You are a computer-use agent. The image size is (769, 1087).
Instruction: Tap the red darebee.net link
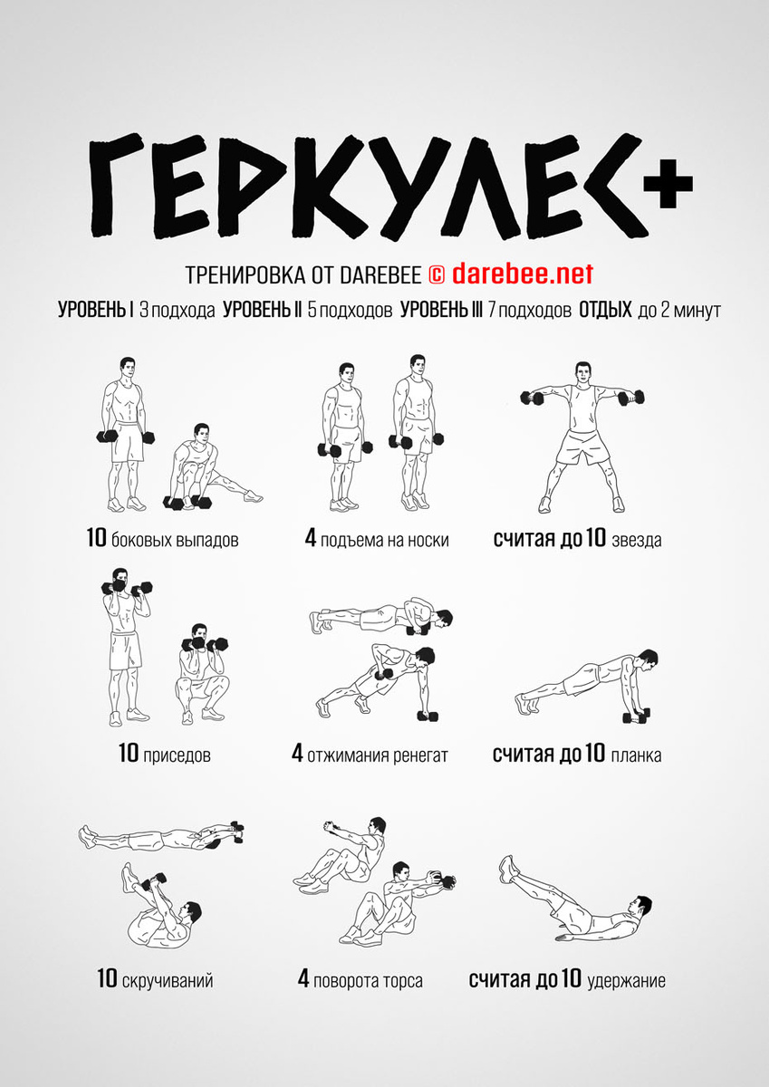[x=523, y=274]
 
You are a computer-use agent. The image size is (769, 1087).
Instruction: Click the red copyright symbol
[x=437, y=275]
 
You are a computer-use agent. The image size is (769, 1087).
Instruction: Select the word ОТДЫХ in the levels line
[x=605, y=310]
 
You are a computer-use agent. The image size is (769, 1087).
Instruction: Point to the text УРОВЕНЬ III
[x=441, y=310]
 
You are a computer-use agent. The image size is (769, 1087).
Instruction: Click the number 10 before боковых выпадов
[x=96, y=538]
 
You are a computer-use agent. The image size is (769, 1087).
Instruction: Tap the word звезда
[x=637, y=540]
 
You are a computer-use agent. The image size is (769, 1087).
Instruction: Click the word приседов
[x=178, y=755]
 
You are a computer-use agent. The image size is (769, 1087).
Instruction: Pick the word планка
[x=636, y=755]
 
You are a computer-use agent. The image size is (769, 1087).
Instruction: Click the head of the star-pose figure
[x=582, y=372]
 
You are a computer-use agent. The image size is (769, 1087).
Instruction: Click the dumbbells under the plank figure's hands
[x=636, y=716]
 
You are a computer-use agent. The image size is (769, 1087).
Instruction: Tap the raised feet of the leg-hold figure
[x=508, y=870]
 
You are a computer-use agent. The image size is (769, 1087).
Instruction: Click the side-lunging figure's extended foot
[x=254, y=496]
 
